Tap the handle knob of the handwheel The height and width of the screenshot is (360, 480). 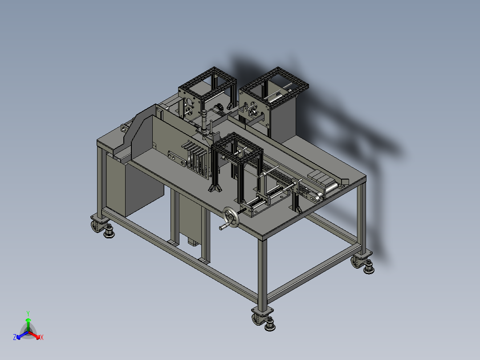221,228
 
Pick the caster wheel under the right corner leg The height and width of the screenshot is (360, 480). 357,262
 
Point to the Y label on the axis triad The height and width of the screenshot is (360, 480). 28,313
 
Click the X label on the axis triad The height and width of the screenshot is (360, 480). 42,337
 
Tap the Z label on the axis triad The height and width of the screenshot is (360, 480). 15,337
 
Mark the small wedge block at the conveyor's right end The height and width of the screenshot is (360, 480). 344,181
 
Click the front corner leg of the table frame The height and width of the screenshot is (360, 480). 263,272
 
